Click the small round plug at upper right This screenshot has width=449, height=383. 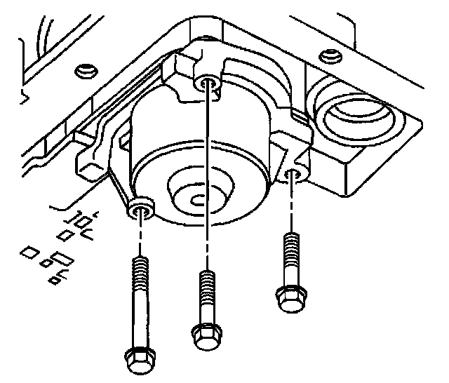(325, 55)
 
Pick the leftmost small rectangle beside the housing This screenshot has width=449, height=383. (30, 250)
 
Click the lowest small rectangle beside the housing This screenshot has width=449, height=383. (55, 280)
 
